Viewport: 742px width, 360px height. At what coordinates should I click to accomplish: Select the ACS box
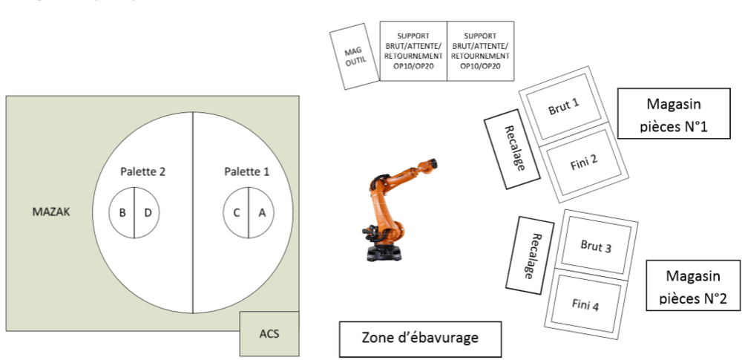[269, 333]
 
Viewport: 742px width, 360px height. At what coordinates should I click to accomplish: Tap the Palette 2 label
[142, 171]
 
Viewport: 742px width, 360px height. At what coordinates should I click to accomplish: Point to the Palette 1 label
[246, 171]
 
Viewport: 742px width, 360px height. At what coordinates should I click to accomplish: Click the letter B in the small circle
[122, 213]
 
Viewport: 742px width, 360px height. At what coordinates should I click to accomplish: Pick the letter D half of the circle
[147, 213]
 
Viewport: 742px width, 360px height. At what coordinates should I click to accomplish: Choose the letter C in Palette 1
[236, 213]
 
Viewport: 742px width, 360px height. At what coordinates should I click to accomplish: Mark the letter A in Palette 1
[260, 213]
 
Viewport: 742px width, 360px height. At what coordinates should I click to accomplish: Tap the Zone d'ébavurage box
[419, 338]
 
